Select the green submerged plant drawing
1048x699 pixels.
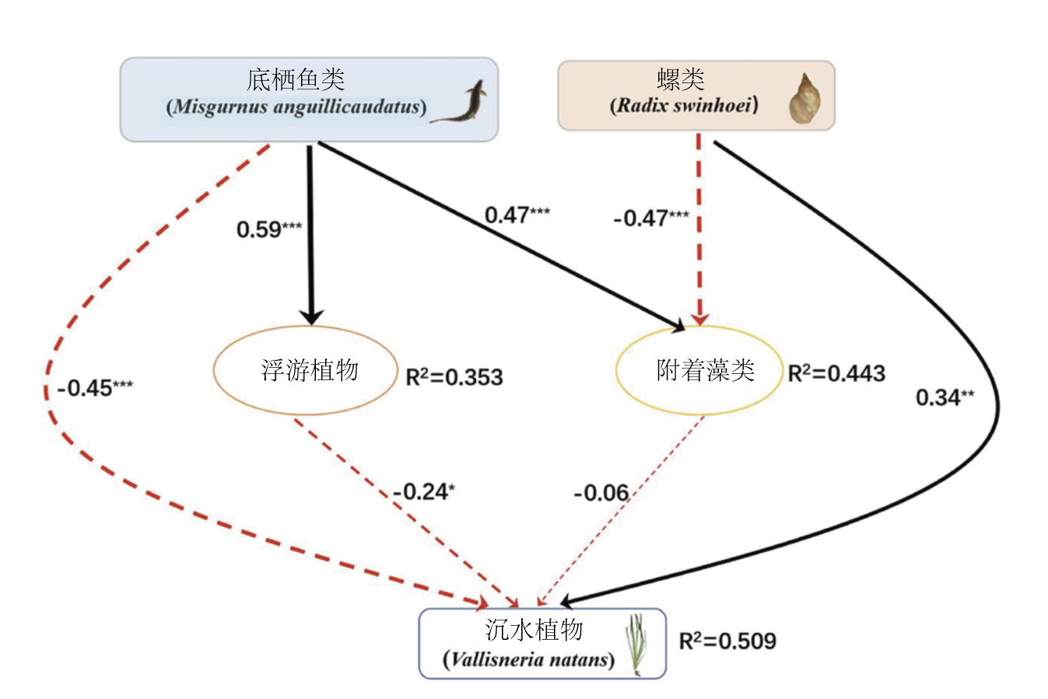tap(636, 643)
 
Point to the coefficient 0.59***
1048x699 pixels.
tap(269, 229)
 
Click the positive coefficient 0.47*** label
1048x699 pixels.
tap(517, 215)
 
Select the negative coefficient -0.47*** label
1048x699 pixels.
tap(650, 218)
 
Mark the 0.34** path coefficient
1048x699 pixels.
tap(945, 397)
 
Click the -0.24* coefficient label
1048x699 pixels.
tap(424, 491)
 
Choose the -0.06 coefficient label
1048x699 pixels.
tap(601, 493)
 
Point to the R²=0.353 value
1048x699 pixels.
tap(454, 377)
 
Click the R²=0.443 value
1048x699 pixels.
tap(836, 374)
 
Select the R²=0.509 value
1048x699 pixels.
tap(727, 641)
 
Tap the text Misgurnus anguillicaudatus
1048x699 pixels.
tap(296, 107)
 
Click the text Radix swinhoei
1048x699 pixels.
tap(684, 105)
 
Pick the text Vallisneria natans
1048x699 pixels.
tap(529, 660)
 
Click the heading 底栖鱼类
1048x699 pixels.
tap(296, 79)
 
